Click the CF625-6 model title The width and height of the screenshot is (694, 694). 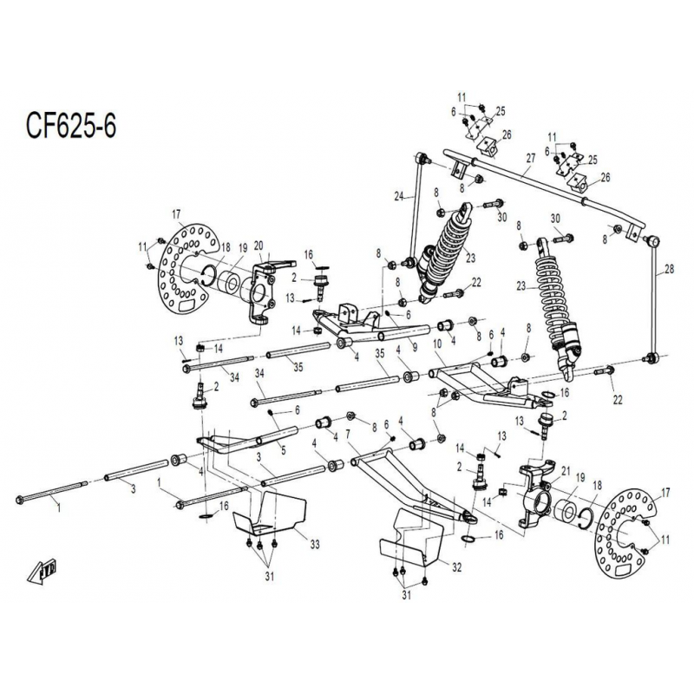[71, 126]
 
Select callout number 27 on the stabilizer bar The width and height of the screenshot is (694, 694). [531, 158]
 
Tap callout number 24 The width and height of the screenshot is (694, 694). [399, 196]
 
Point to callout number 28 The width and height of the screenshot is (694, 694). [669, 269]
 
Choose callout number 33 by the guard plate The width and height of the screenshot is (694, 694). [315, 544]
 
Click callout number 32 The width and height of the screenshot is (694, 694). [457, 566]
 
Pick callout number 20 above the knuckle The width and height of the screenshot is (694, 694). [259, 246]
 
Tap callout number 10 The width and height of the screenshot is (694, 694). [437, 344]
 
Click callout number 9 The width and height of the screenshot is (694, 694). [415, 348]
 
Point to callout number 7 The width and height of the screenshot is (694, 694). [348, 433]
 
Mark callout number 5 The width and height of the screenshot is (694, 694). [284, 451]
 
